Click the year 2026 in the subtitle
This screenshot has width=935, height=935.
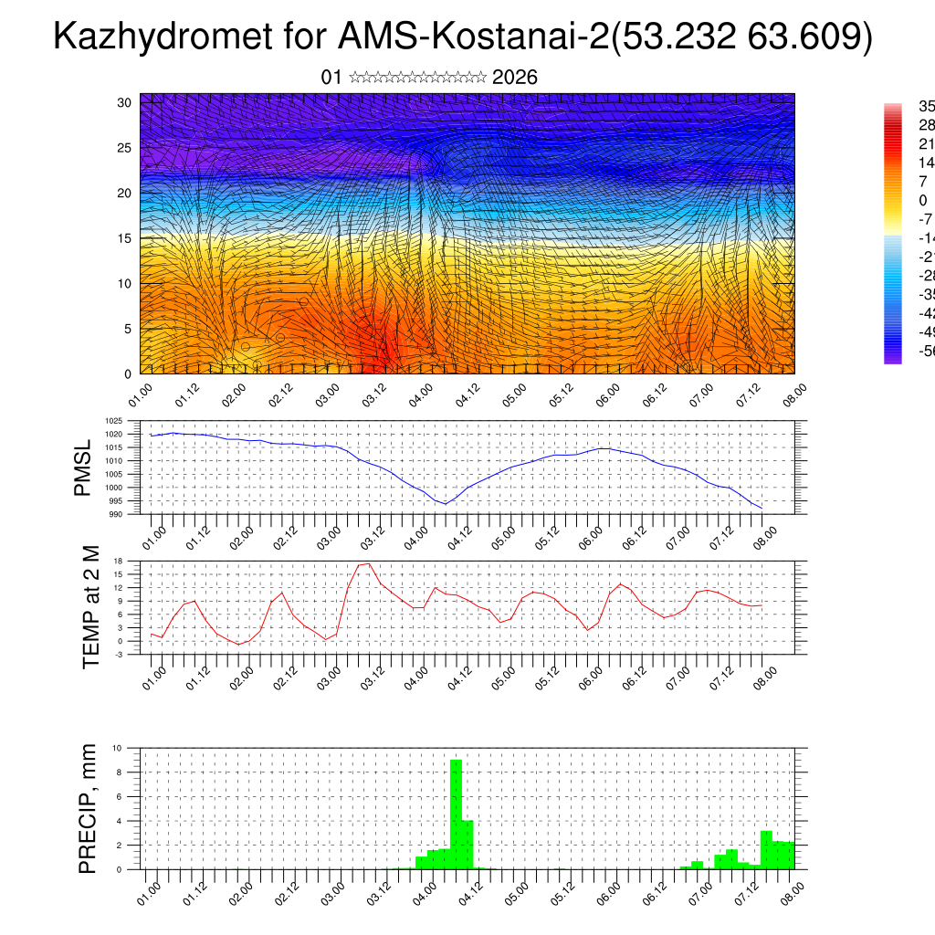pyautogui.click(x=515, y=78)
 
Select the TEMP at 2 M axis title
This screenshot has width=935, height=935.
pyautogui.click(x=91, y=607)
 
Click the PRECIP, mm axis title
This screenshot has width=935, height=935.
pyautogui.click(x=88, y=808)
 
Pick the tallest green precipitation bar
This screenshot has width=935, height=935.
pyautogui.click(x=456, y=813)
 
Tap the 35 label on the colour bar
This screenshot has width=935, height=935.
pyautogui.click(x=925, y=106)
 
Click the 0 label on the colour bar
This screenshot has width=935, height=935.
pyautogui.click(x=922, y=200)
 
